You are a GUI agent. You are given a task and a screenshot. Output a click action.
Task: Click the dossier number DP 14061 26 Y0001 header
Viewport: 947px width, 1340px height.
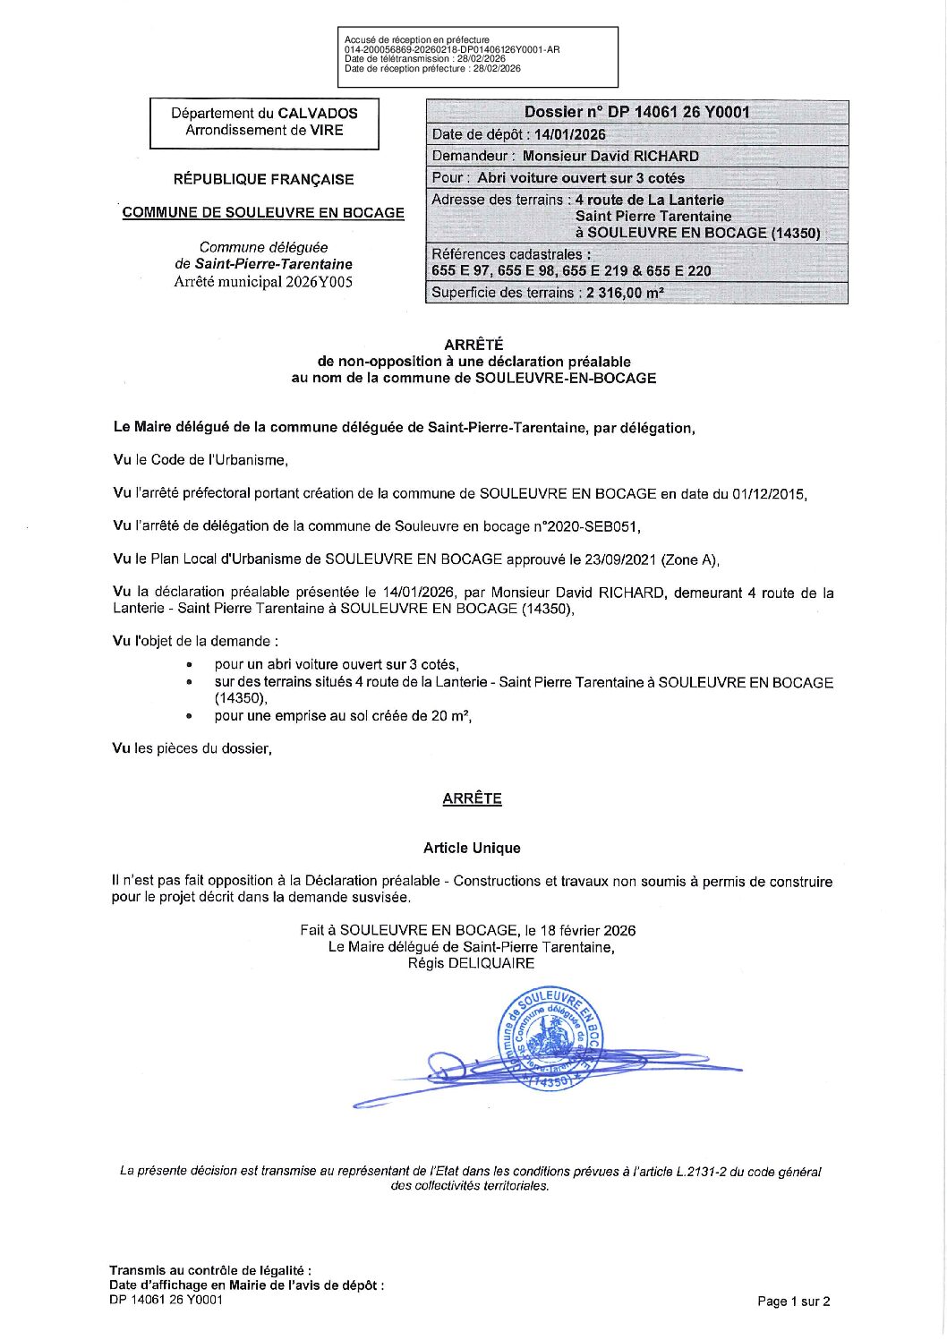(636, 112)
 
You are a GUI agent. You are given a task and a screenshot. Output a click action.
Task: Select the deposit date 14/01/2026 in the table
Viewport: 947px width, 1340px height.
(569, 134)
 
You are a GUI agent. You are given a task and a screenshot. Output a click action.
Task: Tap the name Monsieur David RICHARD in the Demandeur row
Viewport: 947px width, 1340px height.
(610, 156)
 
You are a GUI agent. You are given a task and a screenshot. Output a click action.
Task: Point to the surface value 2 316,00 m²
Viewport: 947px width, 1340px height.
(625, 293)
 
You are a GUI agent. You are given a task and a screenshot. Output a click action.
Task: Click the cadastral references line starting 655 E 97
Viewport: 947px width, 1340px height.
(571, 270)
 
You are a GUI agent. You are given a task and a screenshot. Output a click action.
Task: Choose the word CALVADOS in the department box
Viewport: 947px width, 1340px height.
(317, 114)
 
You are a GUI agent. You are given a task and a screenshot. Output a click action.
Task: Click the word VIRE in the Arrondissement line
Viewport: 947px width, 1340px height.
(326, 130)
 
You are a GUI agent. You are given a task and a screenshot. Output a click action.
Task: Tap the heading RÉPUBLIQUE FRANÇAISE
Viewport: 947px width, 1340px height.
(263, 179)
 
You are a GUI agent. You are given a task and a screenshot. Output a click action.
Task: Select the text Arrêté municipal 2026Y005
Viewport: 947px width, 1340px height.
(263, 282)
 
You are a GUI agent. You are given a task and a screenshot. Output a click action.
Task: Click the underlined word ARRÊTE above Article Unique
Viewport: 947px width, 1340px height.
(472, 798)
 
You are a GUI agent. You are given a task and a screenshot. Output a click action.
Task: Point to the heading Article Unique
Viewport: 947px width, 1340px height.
(472, 848)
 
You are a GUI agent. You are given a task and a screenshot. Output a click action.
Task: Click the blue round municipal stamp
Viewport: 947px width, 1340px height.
(550, 1038)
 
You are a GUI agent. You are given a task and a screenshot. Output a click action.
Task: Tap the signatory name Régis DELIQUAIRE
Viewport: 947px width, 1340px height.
(471, 963)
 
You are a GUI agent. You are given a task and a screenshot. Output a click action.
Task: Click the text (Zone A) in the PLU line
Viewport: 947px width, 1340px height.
(689, 559)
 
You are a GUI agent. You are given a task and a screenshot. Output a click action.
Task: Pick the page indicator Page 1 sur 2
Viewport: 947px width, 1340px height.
(793, 1302)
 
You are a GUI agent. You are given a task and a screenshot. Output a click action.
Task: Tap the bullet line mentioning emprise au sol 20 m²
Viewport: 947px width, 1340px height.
(342, 716)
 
